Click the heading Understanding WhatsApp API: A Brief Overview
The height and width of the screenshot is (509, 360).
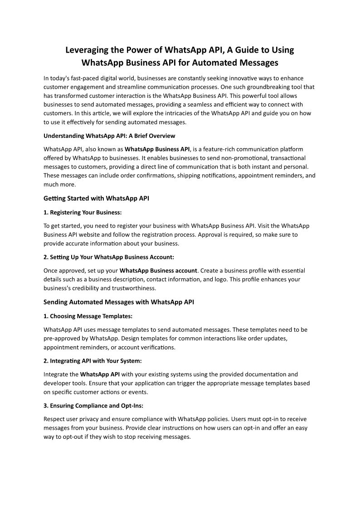click(109, 136)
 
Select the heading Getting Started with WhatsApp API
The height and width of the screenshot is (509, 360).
click(96, 198)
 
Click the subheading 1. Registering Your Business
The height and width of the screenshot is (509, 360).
click(83, 212)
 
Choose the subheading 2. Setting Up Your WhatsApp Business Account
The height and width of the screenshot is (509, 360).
click(109, 257)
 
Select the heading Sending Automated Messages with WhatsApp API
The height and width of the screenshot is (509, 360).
click(119, 302)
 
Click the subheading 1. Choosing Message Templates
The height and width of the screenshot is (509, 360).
click(88, 316)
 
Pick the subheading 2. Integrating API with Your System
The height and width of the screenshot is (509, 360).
click(92, 361)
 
